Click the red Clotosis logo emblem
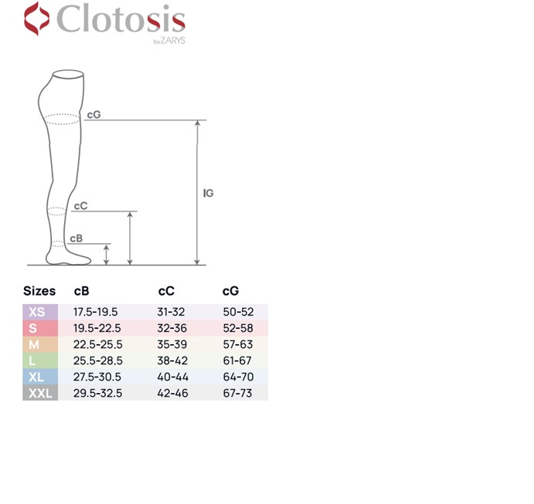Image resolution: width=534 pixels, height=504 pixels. point(36,19)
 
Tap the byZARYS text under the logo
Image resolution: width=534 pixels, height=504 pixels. point(169,41)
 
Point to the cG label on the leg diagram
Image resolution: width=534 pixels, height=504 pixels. point(94,115)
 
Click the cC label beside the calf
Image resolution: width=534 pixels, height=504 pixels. point(80,206)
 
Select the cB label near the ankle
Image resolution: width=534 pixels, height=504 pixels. point(77,238)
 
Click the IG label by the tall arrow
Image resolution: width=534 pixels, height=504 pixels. point(208,193)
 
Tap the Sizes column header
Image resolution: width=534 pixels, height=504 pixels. point(39,291)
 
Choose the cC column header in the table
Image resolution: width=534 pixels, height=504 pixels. point(166,291)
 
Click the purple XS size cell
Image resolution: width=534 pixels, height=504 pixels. point(40,312)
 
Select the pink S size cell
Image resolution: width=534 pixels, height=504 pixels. point(40,328)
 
